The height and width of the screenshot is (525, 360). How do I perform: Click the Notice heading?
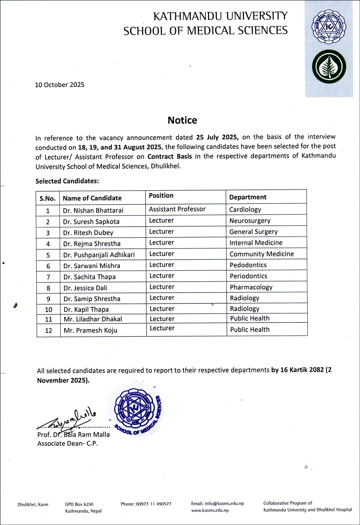182,120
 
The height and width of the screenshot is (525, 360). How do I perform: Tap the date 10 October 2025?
59,85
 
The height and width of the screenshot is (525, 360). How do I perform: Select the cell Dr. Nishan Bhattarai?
93,210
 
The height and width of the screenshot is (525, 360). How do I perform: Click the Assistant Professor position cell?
177,209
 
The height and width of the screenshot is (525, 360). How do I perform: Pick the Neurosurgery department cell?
250,220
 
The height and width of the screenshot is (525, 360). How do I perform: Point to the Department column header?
247,197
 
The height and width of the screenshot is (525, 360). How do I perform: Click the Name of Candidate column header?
92,198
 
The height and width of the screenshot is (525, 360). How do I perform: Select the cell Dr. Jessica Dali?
85,288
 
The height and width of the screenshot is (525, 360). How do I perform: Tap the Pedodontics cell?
248,265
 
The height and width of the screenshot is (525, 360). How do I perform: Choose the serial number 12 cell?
49,330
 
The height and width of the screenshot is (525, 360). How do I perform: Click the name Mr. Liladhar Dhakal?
93,319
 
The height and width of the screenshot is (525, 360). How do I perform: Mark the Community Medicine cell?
261,254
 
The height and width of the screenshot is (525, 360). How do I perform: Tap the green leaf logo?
329,67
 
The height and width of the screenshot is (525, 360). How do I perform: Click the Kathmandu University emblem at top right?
329,28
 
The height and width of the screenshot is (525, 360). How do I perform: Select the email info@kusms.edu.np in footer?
217,504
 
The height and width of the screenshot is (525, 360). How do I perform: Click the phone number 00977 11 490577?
146,504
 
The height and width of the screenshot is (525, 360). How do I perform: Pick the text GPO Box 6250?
79,504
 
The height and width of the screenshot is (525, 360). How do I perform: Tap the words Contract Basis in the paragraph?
169,156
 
